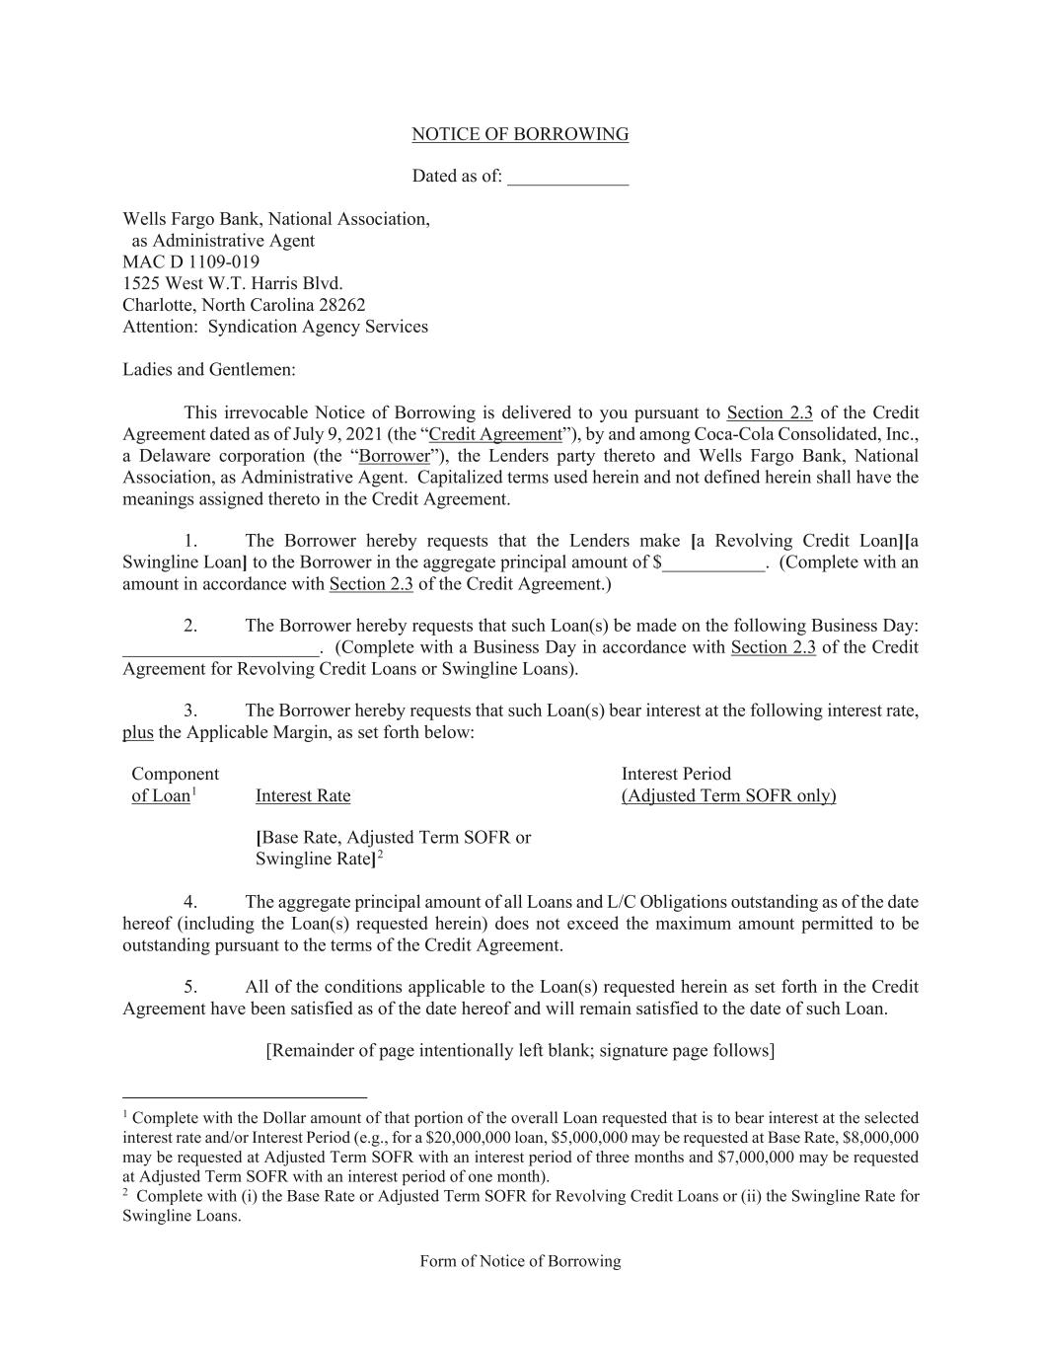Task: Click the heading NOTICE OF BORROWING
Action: point(520,134)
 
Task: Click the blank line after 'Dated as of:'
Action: point(567,178)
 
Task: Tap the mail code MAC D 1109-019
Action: point(190,262)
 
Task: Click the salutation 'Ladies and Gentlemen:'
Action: point(209,370)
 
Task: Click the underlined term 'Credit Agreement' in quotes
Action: point(495,434)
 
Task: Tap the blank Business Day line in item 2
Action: point(220,649)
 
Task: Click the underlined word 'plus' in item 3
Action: point(137,732)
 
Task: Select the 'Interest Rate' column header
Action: point(303,795)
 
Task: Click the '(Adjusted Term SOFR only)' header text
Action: point(728,795)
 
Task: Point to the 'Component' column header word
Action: point(175,774)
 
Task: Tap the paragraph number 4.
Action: point(190,902)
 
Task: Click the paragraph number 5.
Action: point(190,987)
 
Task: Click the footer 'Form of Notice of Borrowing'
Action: point(520,1261)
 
